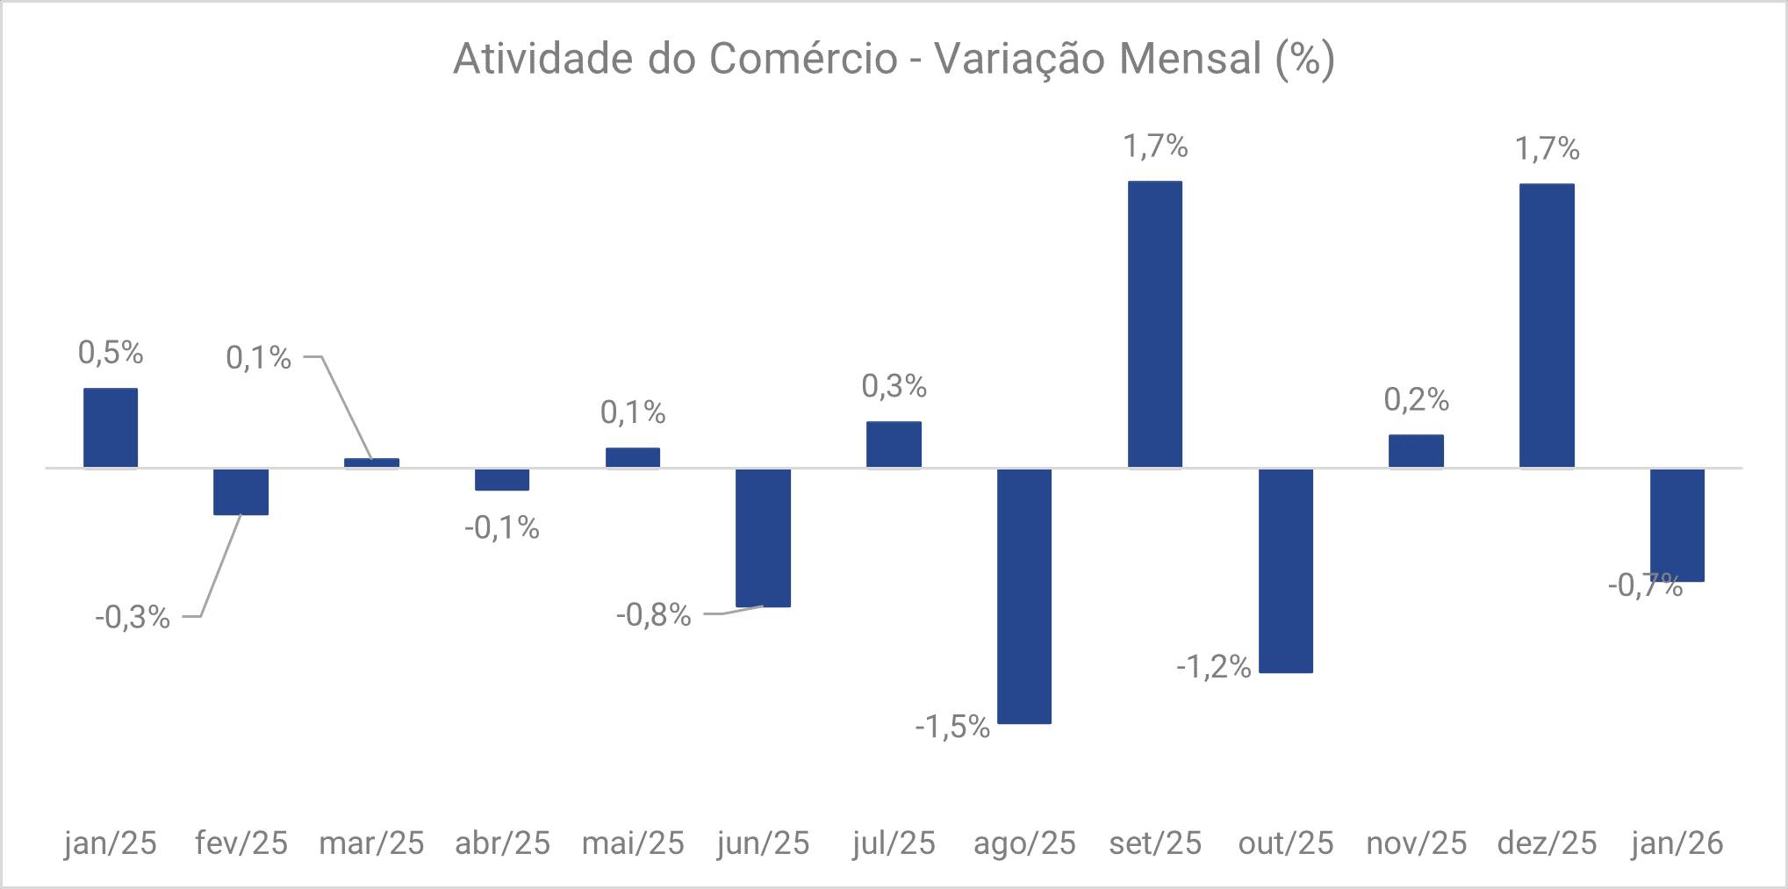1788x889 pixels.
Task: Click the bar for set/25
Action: (x=1154, y=325)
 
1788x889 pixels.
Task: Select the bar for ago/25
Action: (x=1024, y=596)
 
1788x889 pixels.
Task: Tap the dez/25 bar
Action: (x=1547, y=326)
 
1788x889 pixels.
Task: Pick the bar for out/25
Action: (x=1285, y=570)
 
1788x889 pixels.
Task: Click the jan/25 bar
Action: (x=111, y=427)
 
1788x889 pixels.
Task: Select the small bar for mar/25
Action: (x=371, y=462)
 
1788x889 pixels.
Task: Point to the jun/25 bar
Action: (x=763, y=537)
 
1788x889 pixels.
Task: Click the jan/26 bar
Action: (x=1677, y=525)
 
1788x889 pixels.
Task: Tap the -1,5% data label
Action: (x=952, y=727)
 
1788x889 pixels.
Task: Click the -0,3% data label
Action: (x=133, y=617)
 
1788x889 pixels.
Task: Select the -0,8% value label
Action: (x=654, y=614)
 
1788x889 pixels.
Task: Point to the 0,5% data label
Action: (x=111, y=353)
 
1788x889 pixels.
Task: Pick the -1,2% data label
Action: (x=1213, y=667)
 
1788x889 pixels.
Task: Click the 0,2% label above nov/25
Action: (x=1416, y=400)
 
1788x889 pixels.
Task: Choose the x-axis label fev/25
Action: (x=241, y=842)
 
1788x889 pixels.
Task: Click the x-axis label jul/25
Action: (x=894, y=842)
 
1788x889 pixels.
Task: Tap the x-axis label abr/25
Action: (x=502, y=842)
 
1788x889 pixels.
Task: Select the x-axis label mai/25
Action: (x=633, y=842)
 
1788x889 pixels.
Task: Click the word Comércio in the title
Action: (x=803, y=60)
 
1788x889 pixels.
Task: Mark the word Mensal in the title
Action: (x=1190, y=60)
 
